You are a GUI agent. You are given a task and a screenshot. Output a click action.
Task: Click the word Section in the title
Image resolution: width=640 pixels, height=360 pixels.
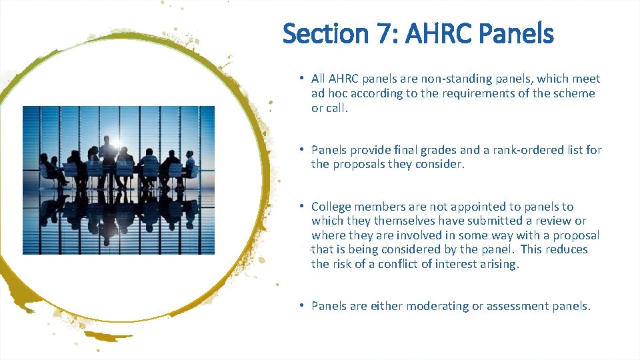click(321, 33)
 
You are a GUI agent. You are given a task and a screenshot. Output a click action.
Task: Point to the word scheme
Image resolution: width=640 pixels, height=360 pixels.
click(573, 94)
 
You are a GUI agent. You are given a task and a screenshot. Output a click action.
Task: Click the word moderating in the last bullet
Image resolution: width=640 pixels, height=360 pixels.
click(437, 306)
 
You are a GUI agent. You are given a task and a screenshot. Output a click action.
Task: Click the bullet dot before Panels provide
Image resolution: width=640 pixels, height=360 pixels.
click(302, 149)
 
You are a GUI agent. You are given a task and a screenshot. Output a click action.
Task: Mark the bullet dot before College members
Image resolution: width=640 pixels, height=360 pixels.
click(302, 206)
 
